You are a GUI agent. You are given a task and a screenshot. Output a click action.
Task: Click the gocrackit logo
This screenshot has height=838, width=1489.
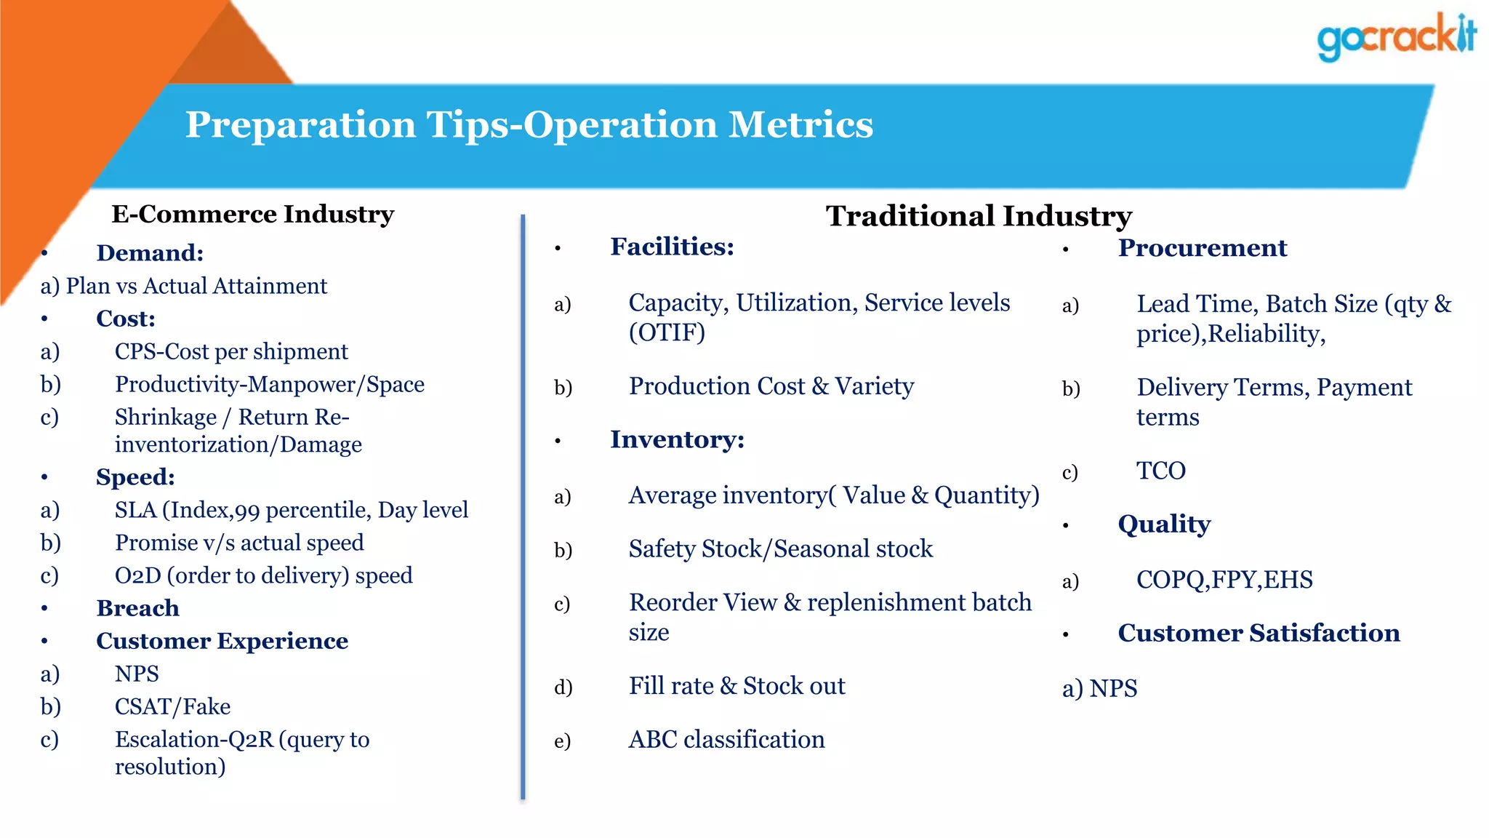[1396, 36]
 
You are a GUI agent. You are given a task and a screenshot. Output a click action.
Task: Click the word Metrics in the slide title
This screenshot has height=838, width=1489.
[800, 124]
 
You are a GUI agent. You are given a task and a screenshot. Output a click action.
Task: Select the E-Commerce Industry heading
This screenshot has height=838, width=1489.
[252, 214]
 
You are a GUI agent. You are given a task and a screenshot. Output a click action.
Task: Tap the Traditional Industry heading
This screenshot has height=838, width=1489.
[979, 216]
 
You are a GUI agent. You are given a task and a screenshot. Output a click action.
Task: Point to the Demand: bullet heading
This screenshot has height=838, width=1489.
[150, 253]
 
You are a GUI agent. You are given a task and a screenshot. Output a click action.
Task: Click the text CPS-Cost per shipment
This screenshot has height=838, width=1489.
[231, 351]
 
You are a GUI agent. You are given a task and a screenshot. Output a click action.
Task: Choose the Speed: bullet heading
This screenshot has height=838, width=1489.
[135, 477]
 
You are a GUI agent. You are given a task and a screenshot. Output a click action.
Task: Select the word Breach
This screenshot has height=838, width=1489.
[137, 608]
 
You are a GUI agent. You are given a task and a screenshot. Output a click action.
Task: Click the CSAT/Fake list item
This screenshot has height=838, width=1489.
[172, 706]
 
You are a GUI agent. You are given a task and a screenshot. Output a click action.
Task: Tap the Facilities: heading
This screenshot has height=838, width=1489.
[672, 247]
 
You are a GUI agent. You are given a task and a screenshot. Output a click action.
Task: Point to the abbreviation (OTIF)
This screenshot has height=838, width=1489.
[667, 332]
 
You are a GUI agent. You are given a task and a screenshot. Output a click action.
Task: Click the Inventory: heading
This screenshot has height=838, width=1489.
[677, 439]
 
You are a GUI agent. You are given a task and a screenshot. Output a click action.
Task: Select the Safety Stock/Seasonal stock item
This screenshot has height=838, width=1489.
[780, 548]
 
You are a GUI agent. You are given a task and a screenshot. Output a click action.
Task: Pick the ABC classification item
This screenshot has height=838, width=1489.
[726, 739]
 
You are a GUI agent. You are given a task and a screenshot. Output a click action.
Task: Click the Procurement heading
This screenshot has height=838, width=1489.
[1202, 248]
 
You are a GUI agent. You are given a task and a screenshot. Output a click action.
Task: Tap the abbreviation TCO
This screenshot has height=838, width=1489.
[1161, 471]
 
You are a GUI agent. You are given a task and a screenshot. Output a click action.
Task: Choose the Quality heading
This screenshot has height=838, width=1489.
[1164, 524]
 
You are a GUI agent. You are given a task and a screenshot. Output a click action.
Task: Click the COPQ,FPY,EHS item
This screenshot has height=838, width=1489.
[1224, 580]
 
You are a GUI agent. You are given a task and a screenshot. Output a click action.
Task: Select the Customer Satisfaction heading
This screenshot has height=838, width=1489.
[1259, 633]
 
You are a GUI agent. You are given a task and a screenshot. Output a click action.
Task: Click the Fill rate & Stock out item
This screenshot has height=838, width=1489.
[737, 686]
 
